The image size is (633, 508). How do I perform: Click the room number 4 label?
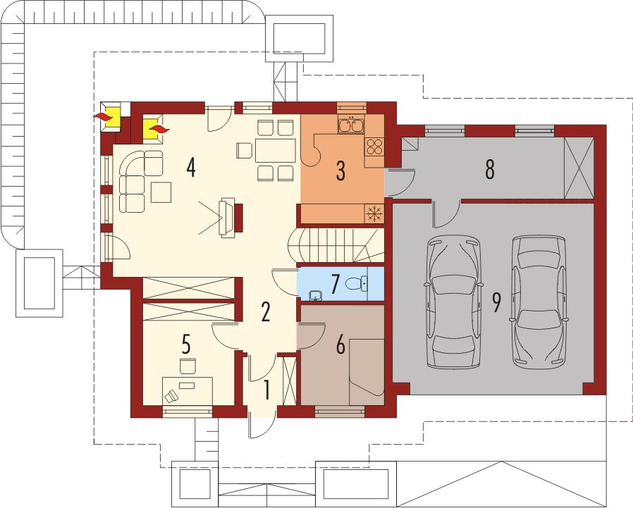pyautogui.click(x=191, y=168)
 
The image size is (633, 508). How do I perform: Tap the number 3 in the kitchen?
pyautogui.click(x=340, y=171)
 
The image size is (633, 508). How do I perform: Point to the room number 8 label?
pyautogui.click(x=490, y=170)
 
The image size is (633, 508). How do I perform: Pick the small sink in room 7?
pyautogui.click(x=315, y=297)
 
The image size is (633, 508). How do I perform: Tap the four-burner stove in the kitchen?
pyautogui.click(x=374, y=147)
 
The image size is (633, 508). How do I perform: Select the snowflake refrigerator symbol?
pyautogui.click(x=374, y=213)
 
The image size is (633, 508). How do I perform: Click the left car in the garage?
pyautogui.click(x=453, y=302)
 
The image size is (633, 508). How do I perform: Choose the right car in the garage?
pyautogui.click(x=539, y=299)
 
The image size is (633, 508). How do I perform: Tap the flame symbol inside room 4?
pyautogui.click(x=159, y=129)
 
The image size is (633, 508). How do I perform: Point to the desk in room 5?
pyautogui.click(x=188, y=390)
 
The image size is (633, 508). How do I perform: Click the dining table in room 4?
pyautogui.click(x=275, y=150)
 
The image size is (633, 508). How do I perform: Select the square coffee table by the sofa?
pyautogui.click(x=161, y=192)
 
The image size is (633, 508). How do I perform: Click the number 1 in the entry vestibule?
pyautogui.click(x=266, y=390)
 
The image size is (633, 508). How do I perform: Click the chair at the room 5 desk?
pyautogui.click(x=188, y=366)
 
